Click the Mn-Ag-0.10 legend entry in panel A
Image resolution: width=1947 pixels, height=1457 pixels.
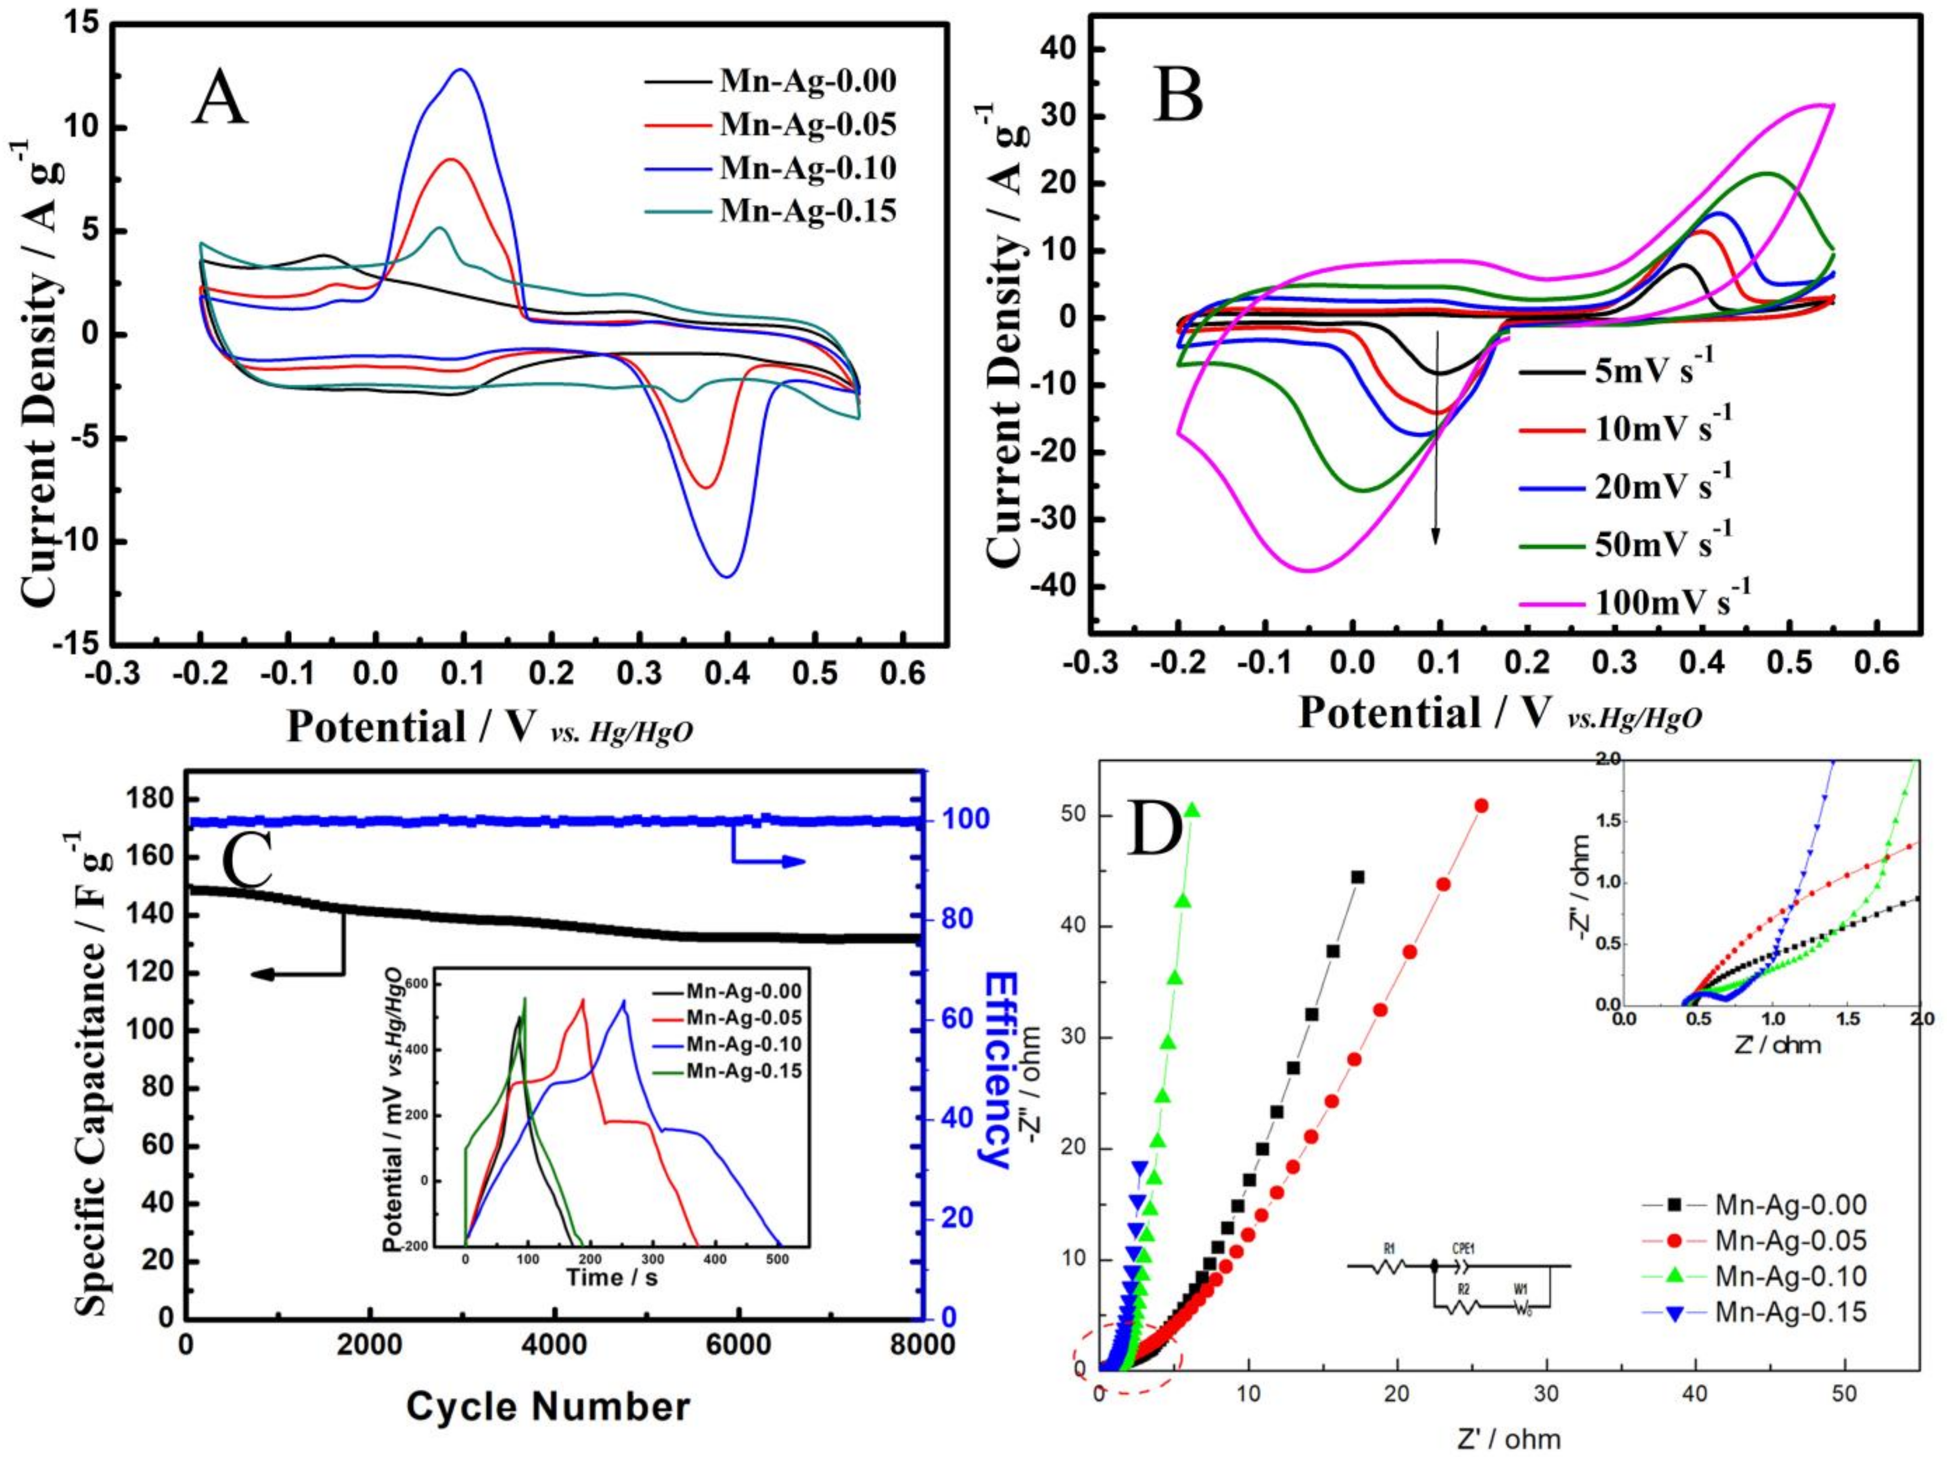(x=807, y=167)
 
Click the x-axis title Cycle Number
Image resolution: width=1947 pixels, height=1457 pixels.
(x=548, y=1406)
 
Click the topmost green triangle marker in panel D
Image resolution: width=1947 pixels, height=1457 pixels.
(x=1194, y=810)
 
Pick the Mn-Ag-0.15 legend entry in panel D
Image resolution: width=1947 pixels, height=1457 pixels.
(x=1790, y=1337)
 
